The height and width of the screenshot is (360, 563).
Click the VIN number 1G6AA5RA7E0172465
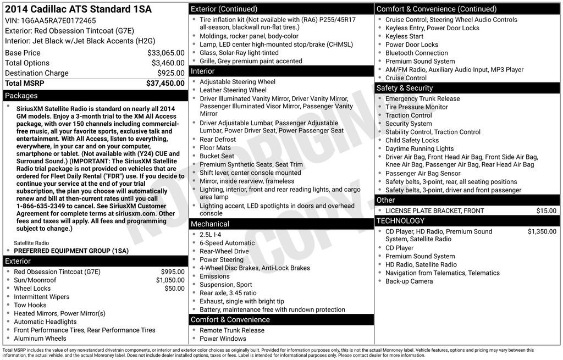51,21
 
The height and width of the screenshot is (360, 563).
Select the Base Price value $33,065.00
165,53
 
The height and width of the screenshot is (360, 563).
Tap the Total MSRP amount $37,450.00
165,84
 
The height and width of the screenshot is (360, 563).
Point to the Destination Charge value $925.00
170,73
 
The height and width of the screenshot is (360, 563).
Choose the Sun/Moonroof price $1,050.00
170,280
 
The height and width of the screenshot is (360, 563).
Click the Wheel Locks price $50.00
174,289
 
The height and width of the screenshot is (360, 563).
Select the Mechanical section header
209,224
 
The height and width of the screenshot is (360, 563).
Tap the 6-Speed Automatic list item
227,243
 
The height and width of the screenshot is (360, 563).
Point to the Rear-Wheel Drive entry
224,251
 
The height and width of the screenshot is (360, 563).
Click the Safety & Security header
404,88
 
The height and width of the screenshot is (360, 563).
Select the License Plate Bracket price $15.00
546,211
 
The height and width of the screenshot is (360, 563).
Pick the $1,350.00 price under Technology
542,232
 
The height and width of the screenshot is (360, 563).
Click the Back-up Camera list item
409,281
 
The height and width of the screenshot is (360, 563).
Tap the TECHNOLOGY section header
400,221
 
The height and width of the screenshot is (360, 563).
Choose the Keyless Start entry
404,36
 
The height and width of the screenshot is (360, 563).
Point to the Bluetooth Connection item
416,53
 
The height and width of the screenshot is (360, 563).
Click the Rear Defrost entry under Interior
218,140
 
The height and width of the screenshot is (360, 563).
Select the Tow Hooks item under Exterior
30,305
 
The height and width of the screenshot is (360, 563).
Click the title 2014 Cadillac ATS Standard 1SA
78,9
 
